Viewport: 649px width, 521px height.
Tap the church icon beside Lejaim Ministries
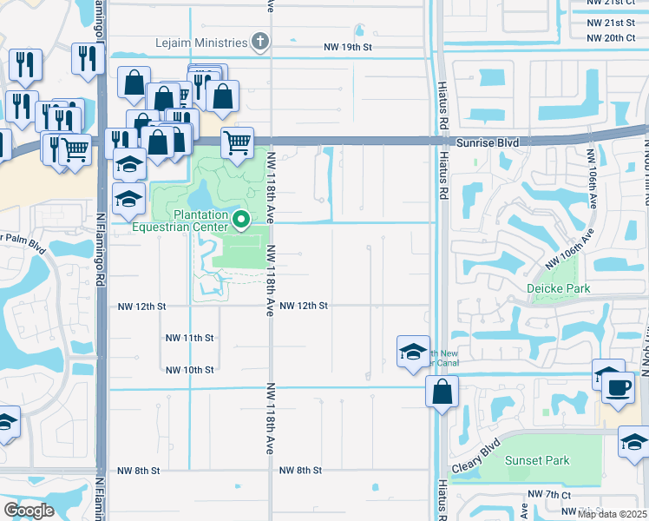(259, 41)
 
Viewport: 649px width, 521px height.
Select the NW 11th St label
(189, 338)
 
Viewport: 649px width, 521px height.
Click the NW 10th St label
(189, 370)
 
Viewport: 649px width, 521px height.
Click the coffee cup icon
(618, 387)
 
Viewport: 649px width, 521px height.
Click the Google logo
(29, 511)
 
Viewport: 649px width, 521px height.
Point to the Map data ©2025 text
(612, 514)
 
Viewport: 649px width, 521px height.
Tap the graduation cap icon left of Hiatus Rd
(413, 352)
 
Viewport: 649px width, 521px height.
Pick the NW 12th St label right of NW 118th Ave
(304, 306)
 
